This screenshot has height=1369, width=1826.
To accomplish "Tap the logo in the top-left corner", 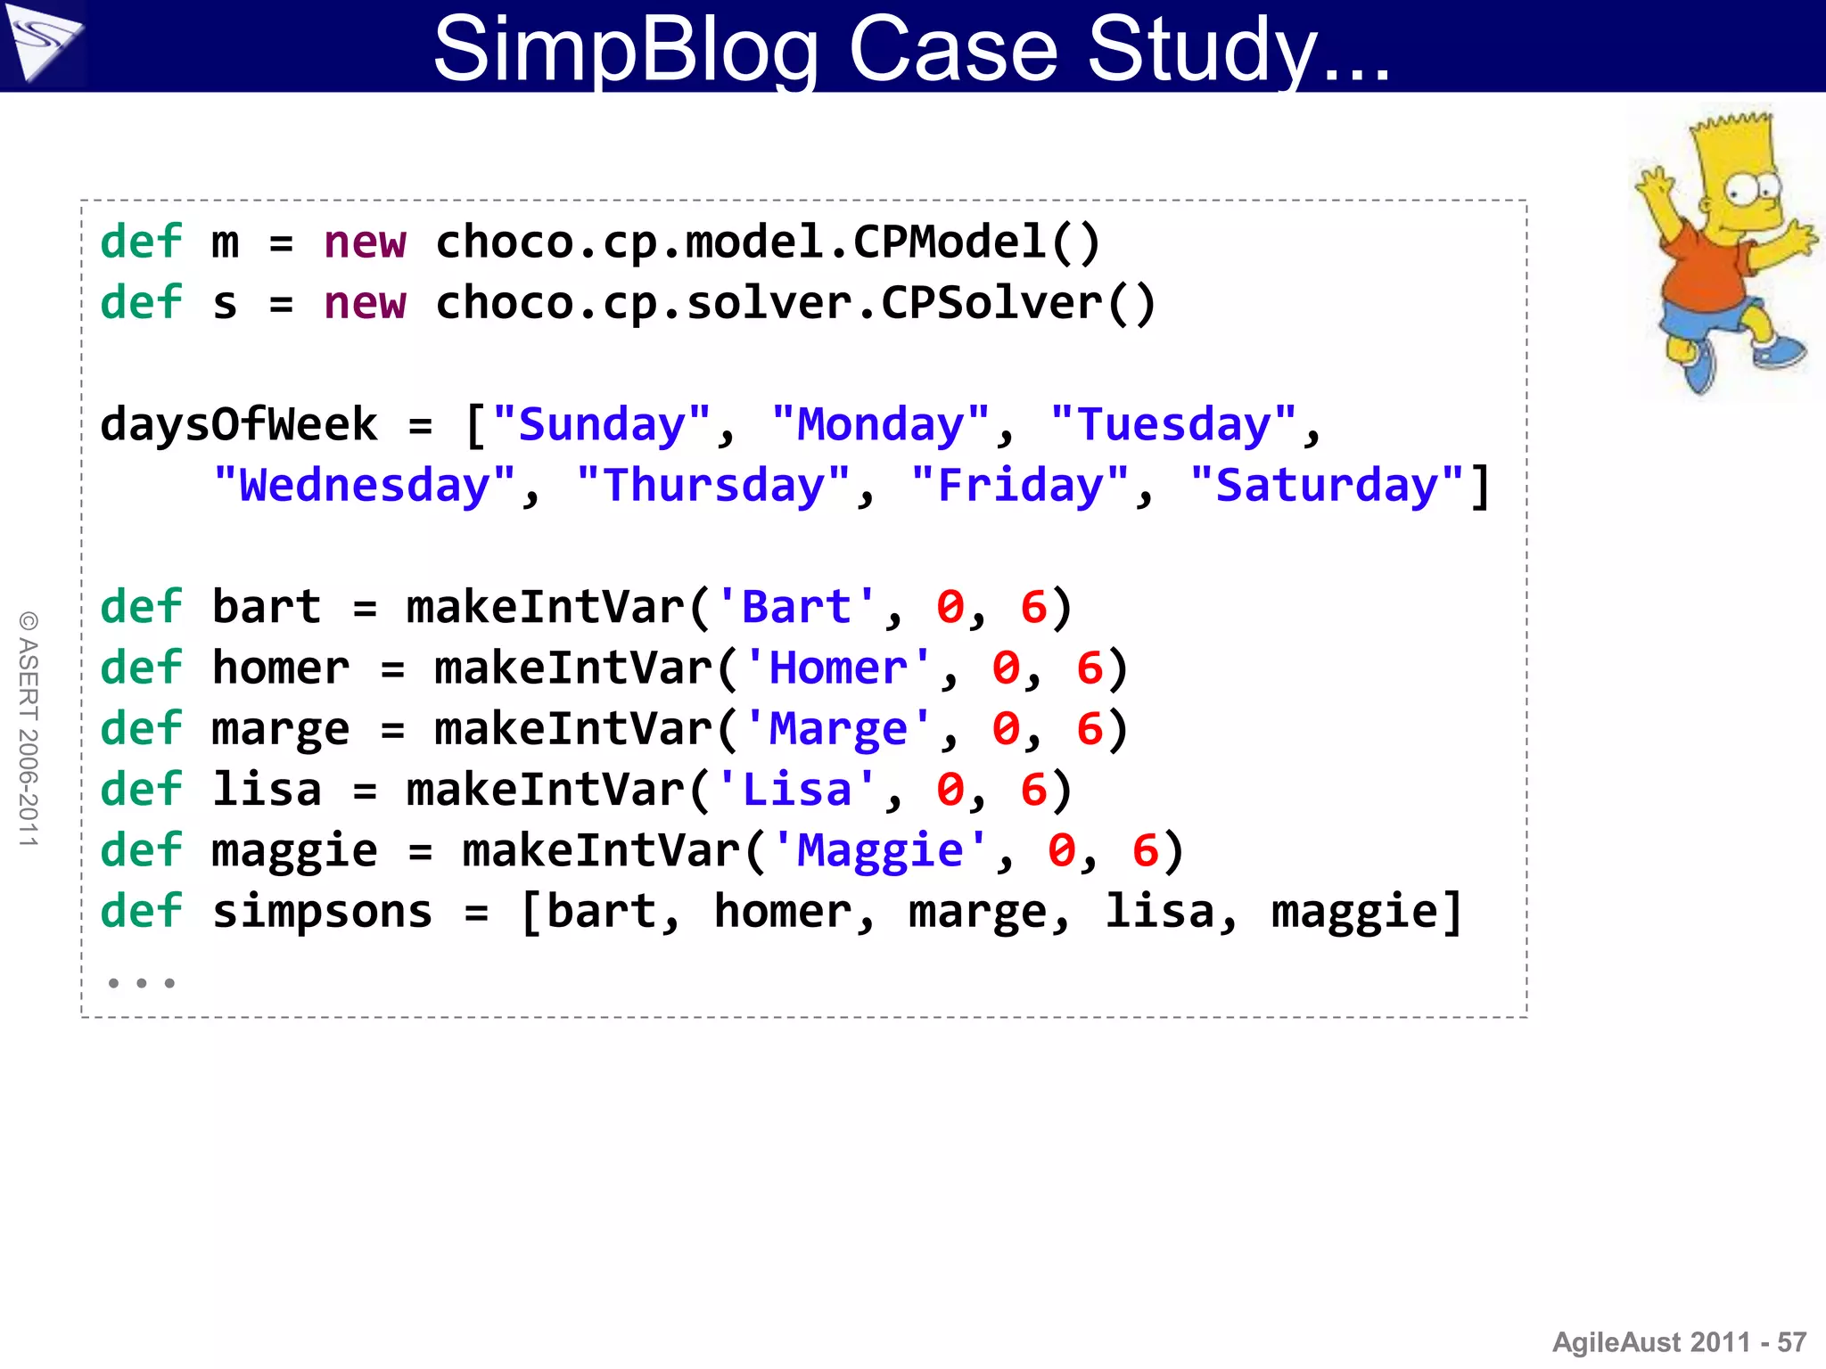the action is point(42,43).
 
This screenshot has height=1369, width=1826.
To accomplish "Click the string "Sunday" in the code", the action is point(602,424).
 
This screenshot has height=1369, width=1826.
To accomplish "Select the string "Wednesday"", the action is point(365,486).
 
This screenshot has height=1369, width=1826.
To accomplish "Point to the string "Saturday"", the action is point(1328,486).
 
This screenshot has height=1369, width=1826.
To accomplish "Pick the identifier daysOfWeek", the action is point(238,424).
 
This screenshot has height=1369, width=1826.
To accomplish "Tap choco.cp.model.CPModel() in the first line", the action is point(768,242).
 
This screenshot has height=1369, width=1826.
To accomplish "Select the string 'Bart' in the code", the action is point(796,607).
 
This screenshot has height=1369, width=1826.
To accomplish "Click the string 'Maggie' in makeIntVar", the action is point(880,850).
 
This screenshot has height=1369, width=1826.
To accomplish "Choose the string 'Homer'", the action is point(837,668).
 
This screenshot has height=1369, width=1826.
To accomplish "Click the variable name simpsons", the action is point(322,911).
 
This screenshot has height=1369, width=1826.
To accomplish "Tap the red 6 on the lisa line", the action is point(1033,790).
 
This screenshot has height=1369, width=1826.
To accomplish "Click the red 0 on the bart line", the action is point(950,607).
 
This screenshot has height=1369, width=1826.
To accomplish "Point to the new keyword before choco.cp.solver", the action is point(365,303).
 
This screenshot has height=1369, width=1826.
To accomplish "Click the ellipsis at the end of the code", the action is point(141,983).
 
